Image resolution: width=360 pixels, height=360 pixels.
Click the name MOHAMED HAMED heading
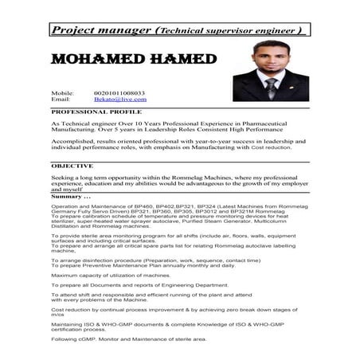[x=133, y=61]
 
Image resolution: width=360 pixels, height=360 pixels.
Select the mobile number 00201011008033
[x=119, y=93]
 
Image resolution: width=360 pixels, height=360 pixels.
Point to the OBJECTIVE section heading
[x=72, y=165]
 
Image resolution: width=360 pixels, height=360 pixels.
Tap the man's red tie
[x=272, y=85]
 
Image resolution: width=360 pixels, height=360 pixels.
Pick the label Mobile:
[x=63, y=93]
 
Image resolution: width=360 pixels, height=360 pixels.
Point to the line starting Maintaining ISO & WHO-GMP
[x=159, y=323]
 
